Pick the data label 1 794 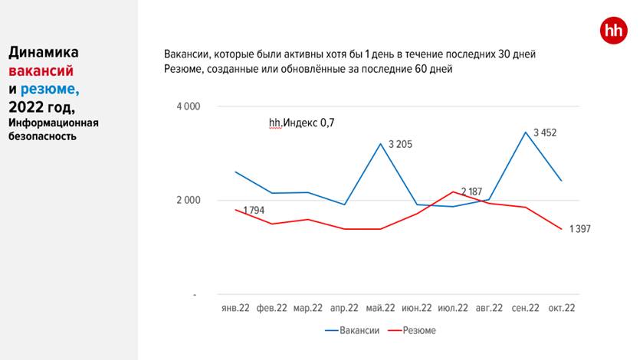pos(256,210)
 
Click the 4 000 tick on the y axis pos(188,106)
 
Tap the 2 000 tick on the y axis pos(188,201)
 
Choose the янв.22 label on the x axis pos(235,309)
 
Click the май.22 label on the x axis pos(380,309)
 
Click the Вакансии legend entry pos(354,330)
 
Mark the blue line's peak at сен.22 pos(525,133)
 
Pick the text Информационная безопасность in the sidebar pos(54,129)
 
